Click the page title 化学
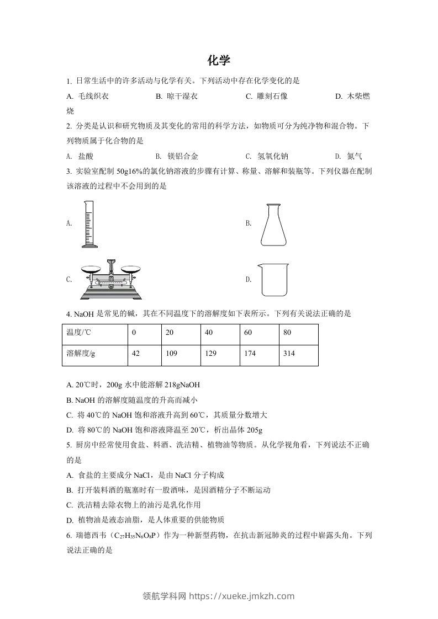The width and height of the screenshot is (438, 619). click(219, 60)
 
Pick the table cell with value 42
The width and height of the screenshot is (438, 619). click(135, 353)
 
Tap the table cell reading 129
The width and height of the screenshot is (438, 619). click(210, 353)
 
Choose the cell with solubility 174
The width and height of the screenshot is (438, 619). click(250, 353)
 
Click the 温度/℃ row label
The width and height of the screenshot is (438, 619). click(78, 333)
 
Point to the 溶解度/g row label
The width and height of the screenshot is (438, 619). click(81, 353)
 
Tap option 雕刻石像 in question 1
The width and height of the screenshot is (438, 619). click(272, 96)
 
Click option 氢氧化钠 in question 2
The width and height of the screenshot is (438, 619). click(272, 156)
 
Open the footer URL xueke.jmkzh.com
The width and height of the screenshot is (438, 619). click(241, 596)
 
